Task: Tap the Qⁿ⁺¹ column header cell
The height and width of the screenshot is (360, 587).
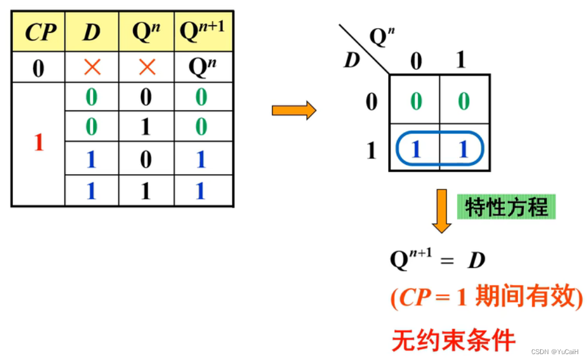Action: [x=202, y=32]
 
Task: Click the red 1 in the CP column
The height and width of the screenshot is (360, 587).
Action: [x=38, y=142]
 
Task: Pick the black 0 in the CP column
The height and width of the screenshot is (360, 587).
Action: [x=38, y=69]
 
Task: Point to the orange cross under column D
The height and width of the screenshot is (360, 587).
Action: [x=91, y=67]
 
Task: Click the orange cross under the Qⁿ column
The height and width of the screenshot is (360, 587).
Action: [x=146, y=67]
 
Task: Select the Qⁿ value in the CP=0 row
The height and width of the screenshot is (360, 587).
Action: [x=202, y=67]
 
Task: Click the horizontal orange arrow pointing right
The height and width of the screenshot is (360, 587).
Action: [x=293, y=110]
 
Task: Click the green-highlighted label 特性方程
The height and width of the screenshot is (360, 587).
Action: [x=506, y=207]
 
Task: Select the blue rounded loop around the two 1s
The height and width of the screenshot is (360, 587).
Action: [x=439, y=151]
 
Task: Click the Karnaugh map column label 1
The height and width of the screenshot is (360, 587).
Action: [x=462, y=60]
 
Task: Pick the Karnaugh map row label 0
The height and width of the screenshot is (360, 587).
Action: [x=371, y=102]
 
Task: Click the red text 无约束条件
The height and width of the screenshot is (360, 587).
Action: [x=453, y=340]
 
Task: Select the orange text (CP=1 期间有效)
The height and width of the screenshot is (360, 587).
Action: [x=487, y=298]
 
